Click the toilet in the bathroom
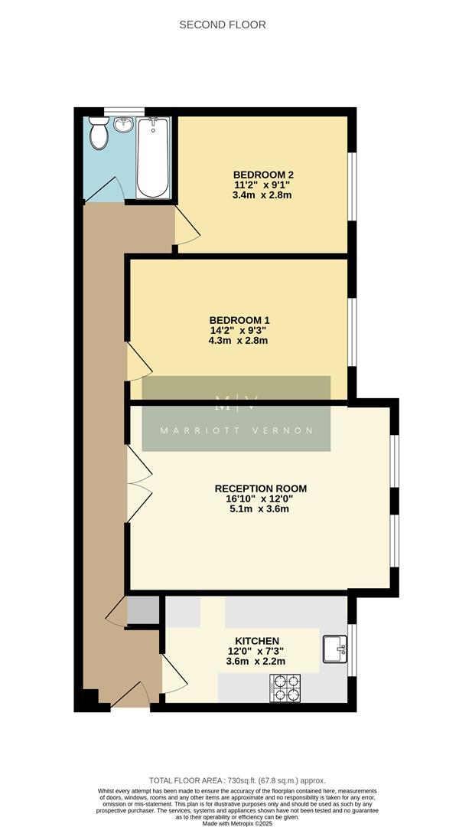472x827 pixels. point(99,134)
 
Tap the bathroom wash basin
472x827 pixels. point(122,125)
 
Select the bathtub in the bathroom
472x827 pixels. point(154,158)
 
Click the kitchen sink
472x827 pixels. point(335,649)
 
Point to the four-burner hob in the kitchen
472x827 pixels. point(285,687)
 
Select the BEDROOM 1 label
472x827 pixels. point(239,320)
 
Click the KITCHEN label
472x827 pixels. point(256,641)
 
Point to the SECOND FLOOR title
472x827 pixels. point(223,25)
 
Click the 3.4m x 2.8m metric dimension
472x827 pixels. point(262,195)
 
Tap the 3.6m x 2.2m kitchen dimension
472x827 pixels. point(256,662)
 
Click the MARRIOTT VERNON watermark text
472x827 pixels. point(236,430)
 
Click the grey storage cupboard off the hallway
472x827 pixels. point(143,610)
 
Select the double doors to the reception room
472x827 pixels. point(138,483)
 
